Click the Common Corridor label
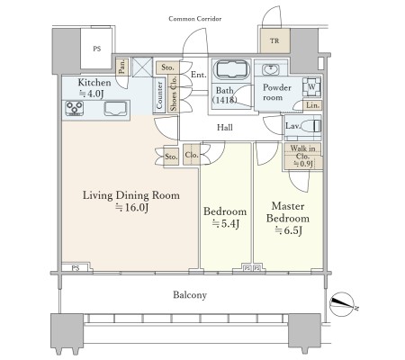coord(195,19)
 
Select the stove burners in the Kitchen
coord(75,108)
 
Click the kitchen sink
coord(115,108)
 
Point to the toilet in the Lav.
coord(310,126)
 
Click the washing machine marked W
coord(311,87)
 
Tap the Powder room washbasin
coord(271,69)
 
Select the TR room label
coord(274,40)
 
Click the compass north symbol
coord(342,304)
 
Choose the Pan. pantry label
coord(122,67)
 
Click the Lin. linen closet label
coord(312,105)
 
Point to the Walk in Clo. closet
coord(302,157)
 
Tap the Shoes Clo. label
coord(174,93)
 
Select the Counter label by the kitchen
coord(159,95)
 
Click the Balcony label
coord(190,295)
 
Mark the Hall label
coord(225,128)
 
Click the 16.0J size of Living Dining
coord(132,207)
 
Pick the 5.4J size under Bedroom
coord(226,223)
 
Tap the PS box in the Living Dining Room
coord(76,267)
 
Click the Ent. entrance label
coord(199,75)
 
